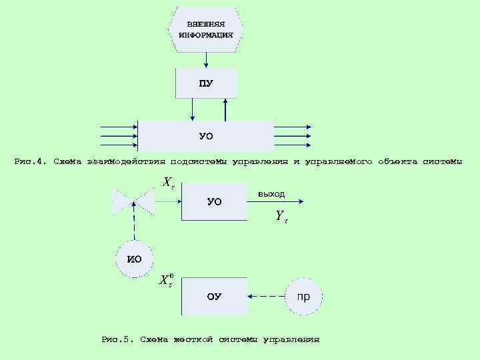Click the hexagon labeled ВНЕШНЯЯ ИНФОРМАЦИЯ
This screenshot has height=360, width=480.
click(206, 30)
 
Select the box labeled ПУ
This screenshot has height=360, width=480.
click(206, 83)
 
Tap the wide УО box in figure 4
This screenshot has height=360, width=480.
click(206, 136)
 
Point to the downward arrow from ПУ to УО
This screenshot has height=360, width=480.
click(192, 110)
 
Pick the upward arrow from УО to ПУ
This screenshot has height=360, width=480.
click(226, 110)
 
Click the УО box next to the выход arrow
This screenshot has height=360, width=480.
click(214, 201)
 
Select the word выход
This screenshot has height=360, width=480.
click(271, 194)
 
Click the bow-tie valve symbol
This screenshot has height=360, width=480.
click(134, 201)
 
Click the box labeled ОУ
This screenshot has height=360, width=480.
click(214, 296)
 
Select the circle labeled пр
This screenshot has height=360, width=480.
click(303, 296)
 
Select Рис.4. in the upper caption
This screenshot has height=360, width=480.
click(31, 161)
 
